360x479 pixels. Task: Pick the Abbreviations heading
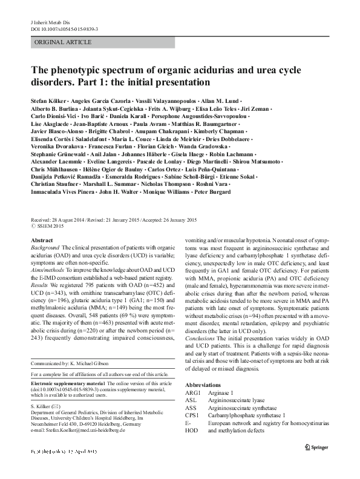(x=205, y=368)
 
